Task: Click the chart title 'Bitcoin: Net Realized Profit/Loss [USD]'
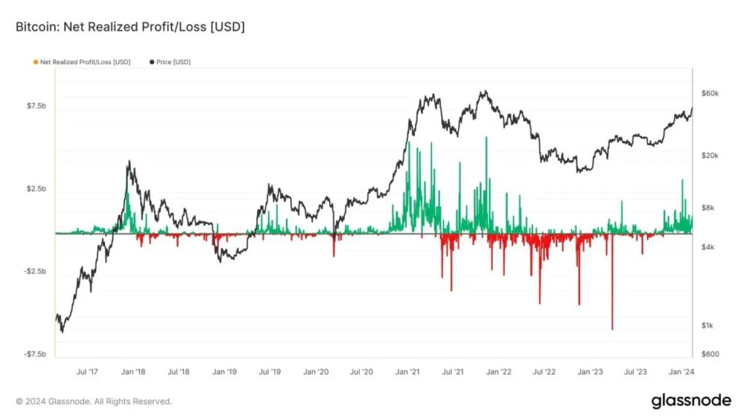click(x=130, y=27)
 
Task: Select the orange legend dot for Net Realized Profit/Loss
click(x=36, y=62)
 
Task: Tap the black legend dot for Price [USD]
click(x=152, y=62)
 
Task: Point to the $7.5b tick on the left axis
click(x=36, y=106)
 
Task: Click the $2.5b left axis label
click(x=36, y=189)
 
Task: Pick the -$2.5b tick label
click(x=35, y=271)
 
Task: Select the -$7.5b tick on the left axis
click(x=35, y=354)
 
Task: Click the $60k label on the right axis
click(x=710, y=93)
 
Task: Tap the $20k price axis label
click(x=710, y=156)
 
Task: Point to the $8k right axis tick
click(x=708, y=208)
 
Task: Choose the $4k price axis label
click(x=708, y=247)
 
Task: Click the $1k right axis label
click(x=708, y=326)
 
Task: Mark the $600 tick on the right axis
click(x=710, y=354)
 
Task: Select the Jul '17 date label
click(x=88, y=371)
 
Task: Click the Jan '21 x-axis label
click(x=407, y=371)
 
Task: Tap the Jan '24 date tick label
click(x=682, y=371)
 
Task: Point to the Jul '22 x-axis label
click(x=544, y=371)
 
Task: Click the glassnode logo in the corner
click(x=692, y=400)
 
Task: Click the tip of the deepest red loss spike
click(x=612, y=329)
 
